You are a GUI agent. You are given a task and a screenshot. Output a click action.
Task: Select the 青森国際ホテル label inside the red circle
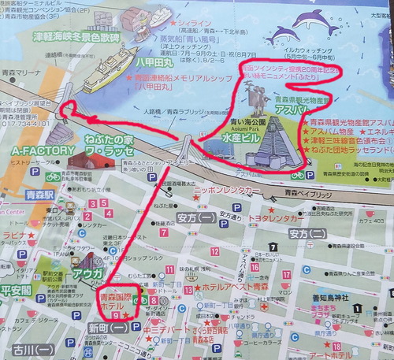pos(117,304)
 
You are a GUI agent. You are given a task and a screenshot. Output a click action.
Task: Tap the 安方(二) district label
pos(307,233)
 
